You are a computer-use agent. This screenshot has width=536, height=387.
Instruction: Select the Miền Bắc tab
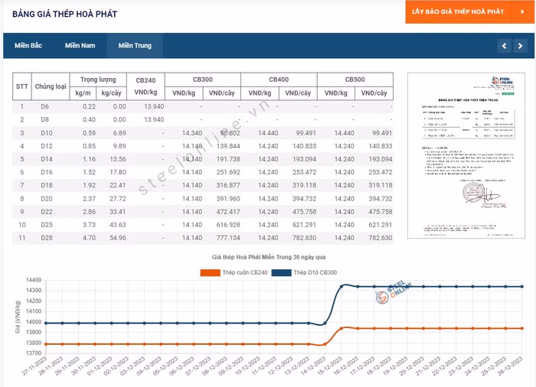(x=28, y=46)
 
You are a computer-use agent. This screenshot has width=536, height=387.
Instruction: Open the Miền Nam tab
(x=80, y=46)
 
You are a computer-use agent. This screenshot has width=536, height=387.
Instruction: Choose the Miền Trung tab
(x=135, y=46)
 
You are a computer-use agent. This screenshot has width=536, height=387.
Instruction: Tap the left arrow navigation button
(x=504, y=46)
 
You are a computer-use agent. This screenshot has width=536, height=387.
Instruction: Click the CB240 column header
(x=145, y=80)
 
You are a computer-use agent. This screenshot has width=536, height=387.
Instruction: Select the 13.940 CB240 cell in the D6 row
(x=153, y=106)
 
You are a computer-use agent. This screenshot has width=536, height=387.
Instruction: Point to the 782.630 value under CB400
(x=300, y=238)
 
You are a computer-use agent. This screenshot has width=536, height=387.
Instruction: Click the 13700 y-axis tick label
(x=33, y=353)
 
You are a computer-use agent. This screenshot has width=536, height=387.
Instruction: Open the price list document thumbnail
(x=455, y=155)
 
